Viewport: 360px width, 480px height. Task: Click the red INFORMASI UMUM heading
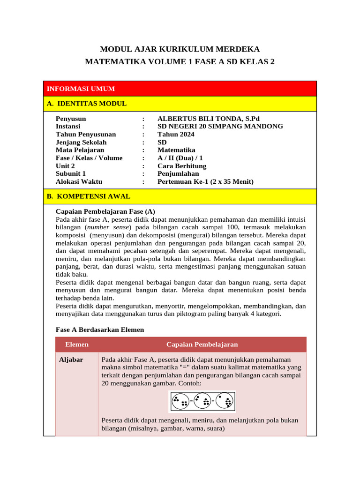point(81,89)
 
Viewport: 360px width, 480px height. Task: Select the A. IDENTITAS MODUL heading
point(87,104)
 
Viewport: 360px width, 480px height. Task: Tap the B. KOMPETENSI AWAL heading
point(89,196)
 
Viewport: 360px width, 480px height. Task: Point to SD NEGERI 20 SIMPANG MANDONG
point(220,127)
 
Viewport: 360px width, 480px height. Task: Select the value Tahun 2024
point(176,135)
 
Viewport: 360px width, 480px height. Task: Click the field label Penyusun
point(71,119)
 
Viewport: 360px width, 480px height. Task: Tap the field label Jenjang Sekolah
point(81,142)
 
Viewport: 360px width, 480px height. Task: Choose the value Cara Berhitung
point(182,166)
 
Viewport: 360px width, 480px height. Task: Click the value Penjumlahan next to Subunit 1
point(178,174)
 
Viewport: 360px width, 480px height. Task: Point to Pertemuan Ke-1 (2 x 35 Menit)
point(205,182)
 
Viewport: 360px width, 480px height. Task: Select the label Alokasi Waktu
point(79,182)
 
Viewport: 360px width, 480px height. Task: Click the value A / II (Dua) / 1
point(180,158)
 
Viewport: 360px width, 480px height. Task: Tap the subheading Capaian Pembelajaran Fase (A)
point(105,211)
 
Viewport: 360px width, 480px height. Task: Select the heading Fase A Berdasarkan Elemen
point(100,330)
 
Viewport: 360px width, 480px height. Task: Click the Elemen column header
point(77,345)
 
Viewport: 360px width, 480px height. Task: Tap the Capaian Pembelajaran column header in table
point(202,345)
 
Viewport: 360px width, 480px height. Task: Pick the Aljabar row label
point(71,360)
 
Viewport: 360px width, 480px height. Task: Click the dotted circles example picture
point(202,402)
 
